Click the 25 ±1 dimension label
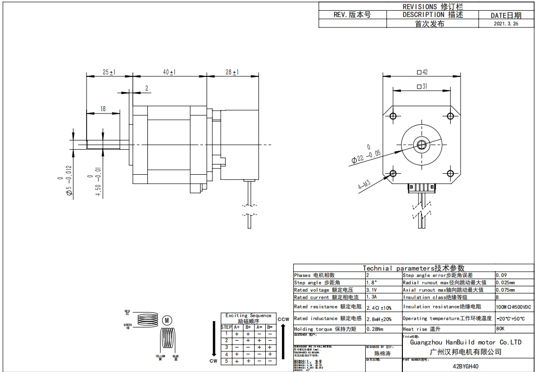109,72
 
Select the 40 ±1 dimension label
169,72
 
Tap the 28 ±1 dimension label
232,72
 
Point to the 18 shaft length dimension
103,109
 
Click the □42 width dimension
422,72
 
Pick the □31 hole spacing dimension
422,87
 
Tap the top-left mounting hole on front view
393,116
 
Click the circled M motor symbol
167,320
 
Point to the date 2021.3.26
506,23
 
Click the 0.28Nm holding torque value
375,329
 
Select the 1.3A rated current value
373,297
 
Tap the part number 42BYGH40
466,366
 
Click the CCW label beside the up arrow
283,319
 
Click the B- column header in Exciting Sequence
270,327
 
